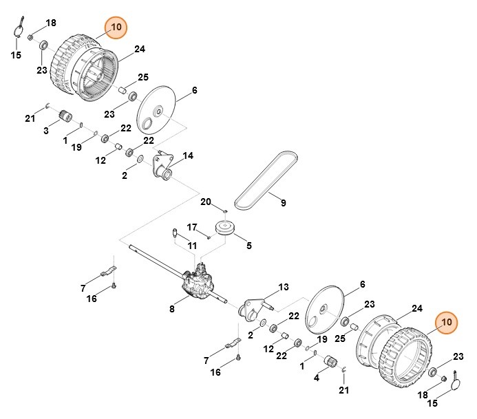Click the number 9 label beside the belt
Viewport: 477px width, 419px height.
click(x=283, y=203)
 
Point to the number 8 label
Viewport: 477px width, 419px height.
click(x=172, y=310)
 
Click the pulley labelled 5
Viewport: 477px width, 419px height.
click(x=225, y=228)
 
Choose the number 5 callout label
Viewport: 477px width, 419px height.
click(x=249, y=244)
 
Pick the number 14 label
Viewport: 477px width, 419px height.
click(x=189, y=155)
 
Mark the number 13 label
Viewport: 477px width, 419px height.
click(x=283, y=287)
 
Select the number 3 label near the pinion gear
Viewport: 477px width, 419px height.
click(x=47, y=131)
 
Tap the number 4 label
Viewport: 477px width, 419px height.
click(x=316, y=378)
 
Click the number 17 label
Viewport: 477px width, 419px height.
click(x=192, y=226)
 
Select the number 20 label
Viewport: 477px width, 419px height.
click(x=205, y=202)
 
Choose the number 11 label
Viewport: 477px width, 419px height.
click(x=192, y=246)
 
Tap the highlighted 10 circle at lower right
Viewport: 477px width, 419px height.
click(x=447, y=321)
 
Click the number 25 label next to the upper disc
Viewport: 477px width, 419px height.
click(x=143, y=77)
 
